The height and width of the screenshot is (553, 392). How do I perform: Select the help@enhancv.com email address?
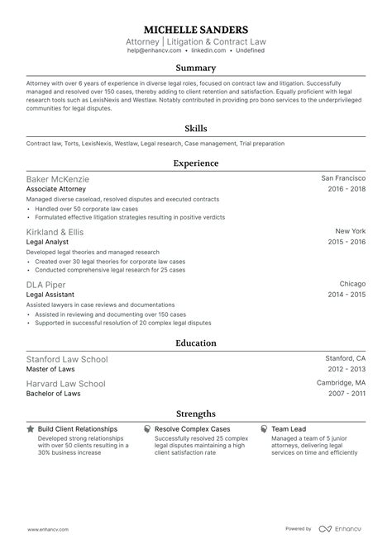[x=149, y=50]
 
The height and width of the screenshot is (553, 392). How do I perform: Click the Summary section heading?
[x=196, y=69]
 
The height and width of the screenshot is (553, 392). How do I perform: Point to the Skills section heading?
[x=196, y=129]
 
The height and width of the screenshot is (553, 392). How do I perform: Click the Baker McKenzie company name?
[x=58, y=178]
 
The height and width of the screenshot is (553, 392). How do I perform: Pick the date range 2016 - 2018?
[x=346, y=188]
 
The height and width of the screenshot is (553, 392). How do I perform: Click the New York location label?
[x=350, y=231]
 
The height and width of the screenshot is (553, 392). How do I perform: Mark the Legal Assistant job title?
[x=50, y=294]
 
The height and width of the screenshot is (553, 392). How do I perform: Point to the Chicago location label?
[x=351, y=284]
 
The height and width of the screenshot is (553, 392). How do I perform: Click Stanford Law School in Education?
[x=67, y=359]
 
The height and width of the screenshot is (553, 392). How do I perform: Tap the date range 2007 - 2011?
[x=346, y=394]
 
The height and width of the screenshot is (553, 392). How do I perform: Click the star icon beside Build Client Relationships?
[x=31, y=429]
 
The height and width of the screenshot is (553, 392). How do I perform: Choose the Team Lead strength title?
[x=288, y=429]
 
